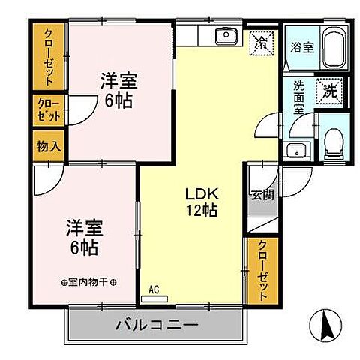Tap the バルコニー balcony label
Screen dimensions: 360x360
(x=157, y=326)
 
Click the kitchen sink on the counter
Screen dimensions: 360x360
(x=224, y=37)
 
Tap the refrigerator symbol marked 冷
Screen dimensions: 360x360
(x=262, y=40)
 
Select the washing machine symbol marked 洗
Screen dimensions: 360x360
(x=328, y=91)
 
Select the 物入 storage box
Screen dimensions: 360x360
(x=48, y=146)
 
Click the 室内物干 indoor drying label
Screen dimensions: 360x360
(x=89, y=282)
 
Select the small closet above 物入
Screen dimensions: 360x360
(x=48, y=111)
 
